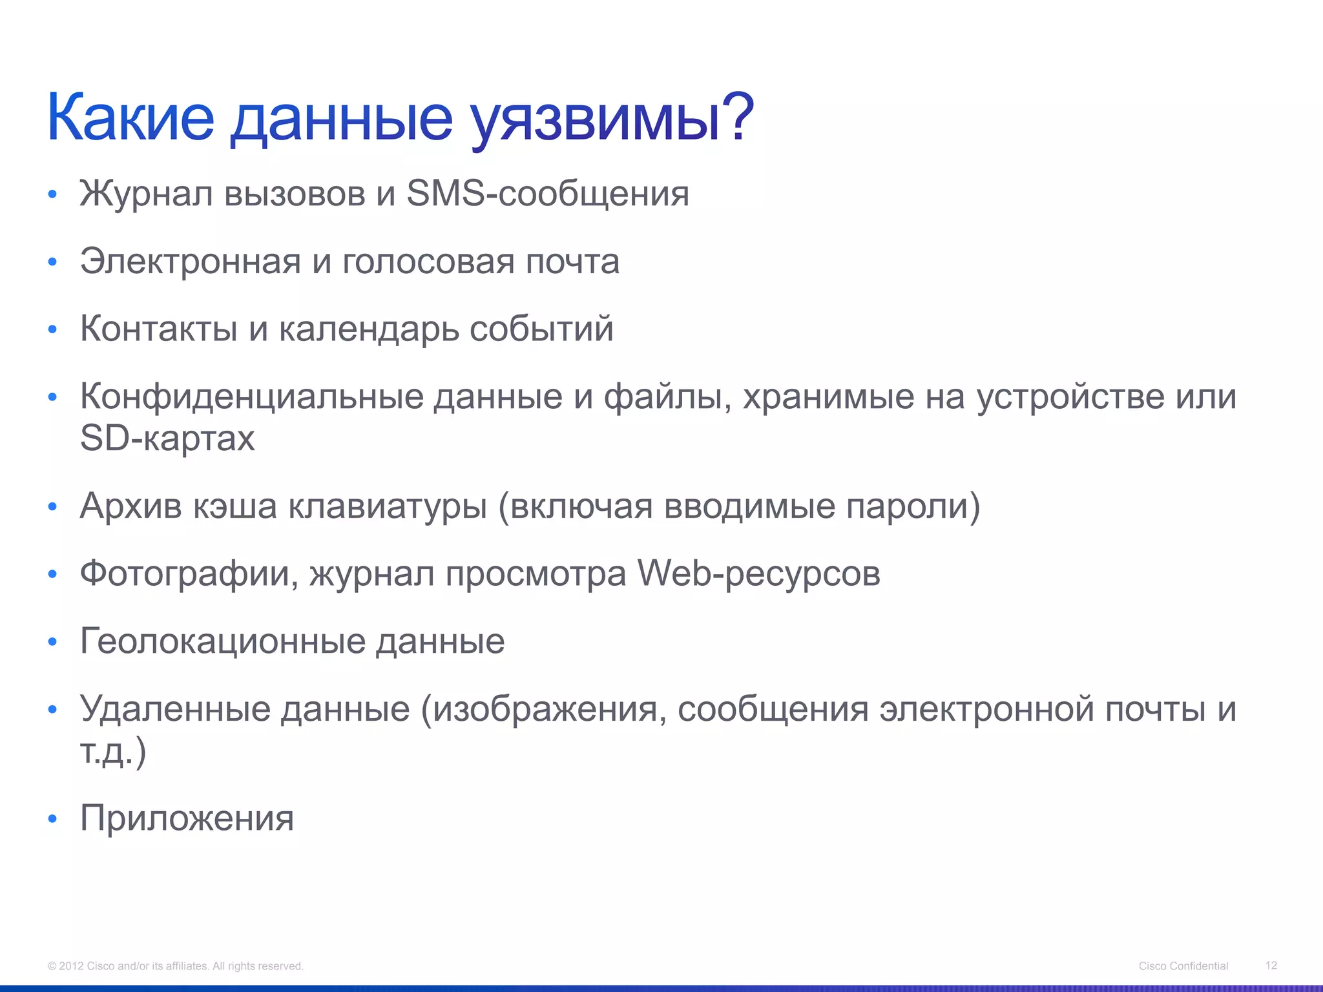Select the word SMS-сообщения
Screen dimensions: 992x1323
click(548, 194)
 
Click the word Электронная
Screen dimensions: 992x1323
click(191, 262)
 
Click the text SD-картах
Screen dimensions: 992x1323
click(167, 439)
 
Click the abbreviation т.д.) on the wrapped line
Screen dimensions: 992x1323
click(114, 752)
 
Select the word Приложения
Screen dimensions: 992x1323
click(187, 819)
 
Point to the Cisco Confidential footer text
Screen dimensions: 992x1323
click(1183, 966)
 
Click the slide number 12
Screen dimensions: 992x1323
click(1271, 966)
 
